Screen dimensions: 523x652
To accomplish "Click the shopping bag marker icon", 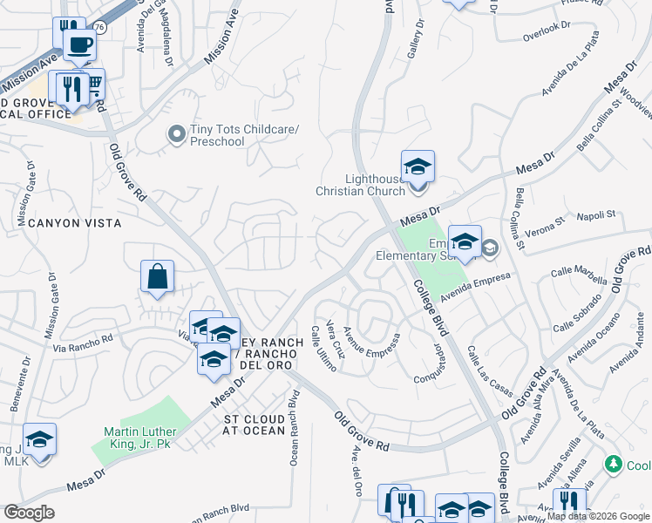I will (x=157, y=277).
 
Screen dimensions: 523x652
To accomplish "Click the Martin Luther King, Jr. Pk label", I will (x=140, y=438).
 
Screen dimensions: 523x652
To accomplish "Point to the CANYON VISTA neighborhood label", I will (x=74, y=223).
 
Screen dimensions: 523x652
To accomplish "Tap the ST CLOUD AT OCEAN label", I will (x=255, y=425).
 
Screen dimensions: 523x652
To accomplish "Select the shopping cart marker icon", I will (x=91, y=85).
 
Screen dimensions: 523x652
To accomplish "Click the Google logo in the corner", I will (x=29, y=513).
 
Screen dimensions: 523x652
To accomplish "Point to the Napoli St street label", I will (x=598, y=214).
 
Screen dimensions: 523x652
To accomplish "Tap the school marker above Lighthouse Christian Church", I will (x=418, y=166).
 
